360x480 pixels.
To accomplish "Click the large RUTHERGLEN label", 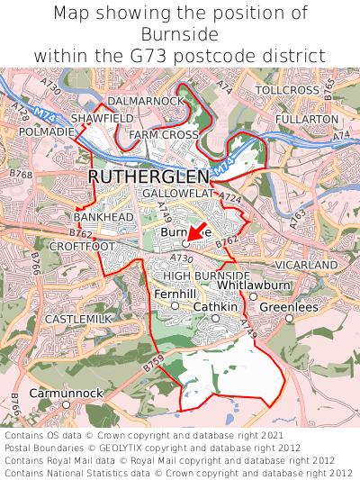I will [x=148, y=177].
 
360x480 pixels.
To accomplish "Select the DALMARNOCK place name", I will [x=145, y=101].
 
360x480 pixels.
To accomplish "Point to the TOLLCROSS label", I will [x=287, y=91].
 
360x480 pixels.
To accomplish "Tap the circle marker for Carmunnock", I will [x=66, y=405].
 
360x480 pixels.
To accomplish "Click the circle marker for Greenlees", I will [x=289, y=318].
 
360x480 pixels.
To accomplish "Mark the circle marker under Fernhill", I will [x=175, y=306].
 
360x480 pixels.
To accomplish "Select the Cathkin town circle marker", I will [x=215, y=318].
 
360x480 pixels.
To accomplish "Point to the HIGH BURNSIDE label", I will [x=206, y=275].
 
